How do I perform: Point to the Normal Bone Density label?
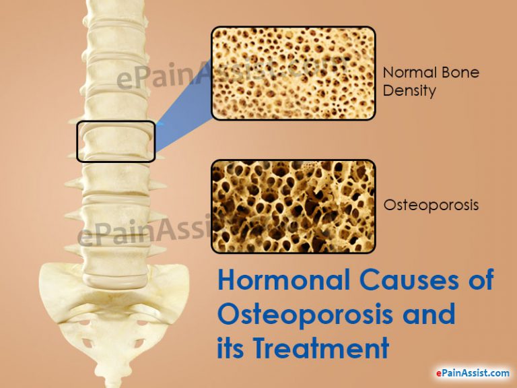431,81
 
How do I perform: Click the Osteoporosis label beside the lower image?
431,205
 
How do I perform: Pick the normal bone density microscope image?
294,73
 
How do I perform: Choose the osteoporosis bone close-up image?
294,207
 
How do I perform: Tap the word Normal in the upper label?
407,72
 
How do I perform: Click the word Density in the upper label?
409,90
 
